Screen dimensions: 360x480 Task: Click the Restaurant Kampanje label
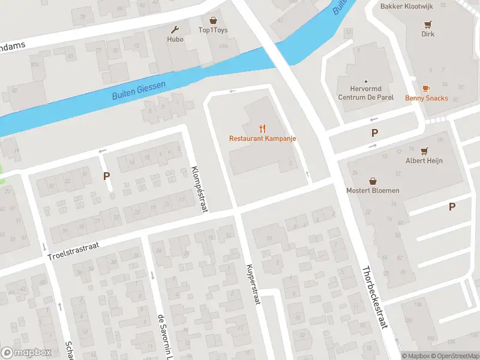coord(262,139)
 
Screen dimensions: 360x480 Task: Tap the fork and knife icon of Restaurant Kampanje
coord(262,128)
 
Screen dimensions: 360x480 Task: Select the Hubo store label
coord(175,40)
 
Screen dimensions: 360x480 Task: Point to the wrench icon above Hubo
coord(175,29)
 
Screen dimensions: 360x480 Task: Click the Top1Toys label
coord(213,31)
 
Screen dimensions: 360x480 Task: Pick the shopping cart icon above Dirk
coord(428,25)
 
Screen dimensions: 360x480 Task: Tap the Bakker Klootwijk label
coord(406,7)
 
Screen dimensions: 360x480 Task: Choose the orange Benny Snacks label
coord(426,98)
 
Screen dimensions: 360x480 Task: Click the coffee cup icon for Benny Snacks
coord(426,88)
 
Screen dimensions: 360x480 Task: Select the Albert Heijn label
coord(424,161)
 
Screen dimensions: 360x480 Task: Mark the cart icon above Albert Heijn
coord(424,151)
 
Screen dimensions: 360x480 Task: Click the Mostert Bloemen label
coord(373,191)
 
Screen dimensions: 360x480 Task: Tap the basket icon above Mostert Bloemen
coord(373,181)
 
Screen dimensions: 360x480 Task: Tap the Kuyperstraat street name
coord(252,284)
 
